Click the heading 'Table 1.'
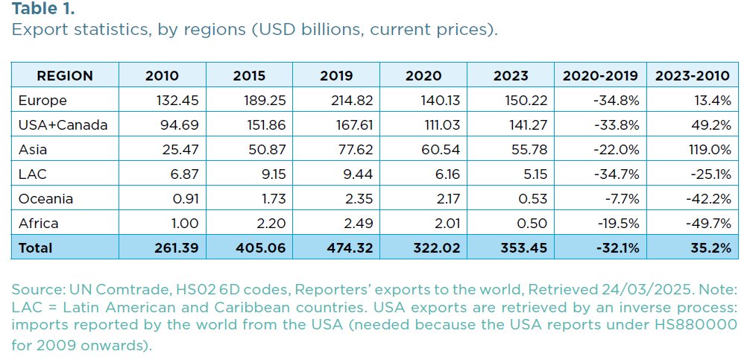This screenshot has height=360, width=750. coord(43,10)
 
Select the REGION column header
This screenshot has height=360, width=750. coord(65,75)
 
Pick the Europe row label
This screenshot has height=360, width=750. coord(42,100)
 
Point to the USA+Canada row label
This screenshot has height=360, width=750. coord(62,124)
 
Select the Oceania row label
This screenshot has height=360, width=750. coord(46,198)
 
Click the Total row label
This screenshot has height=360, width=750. coord(36,247)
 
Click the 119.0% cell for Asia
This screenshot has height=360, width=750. coord(709,149)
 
